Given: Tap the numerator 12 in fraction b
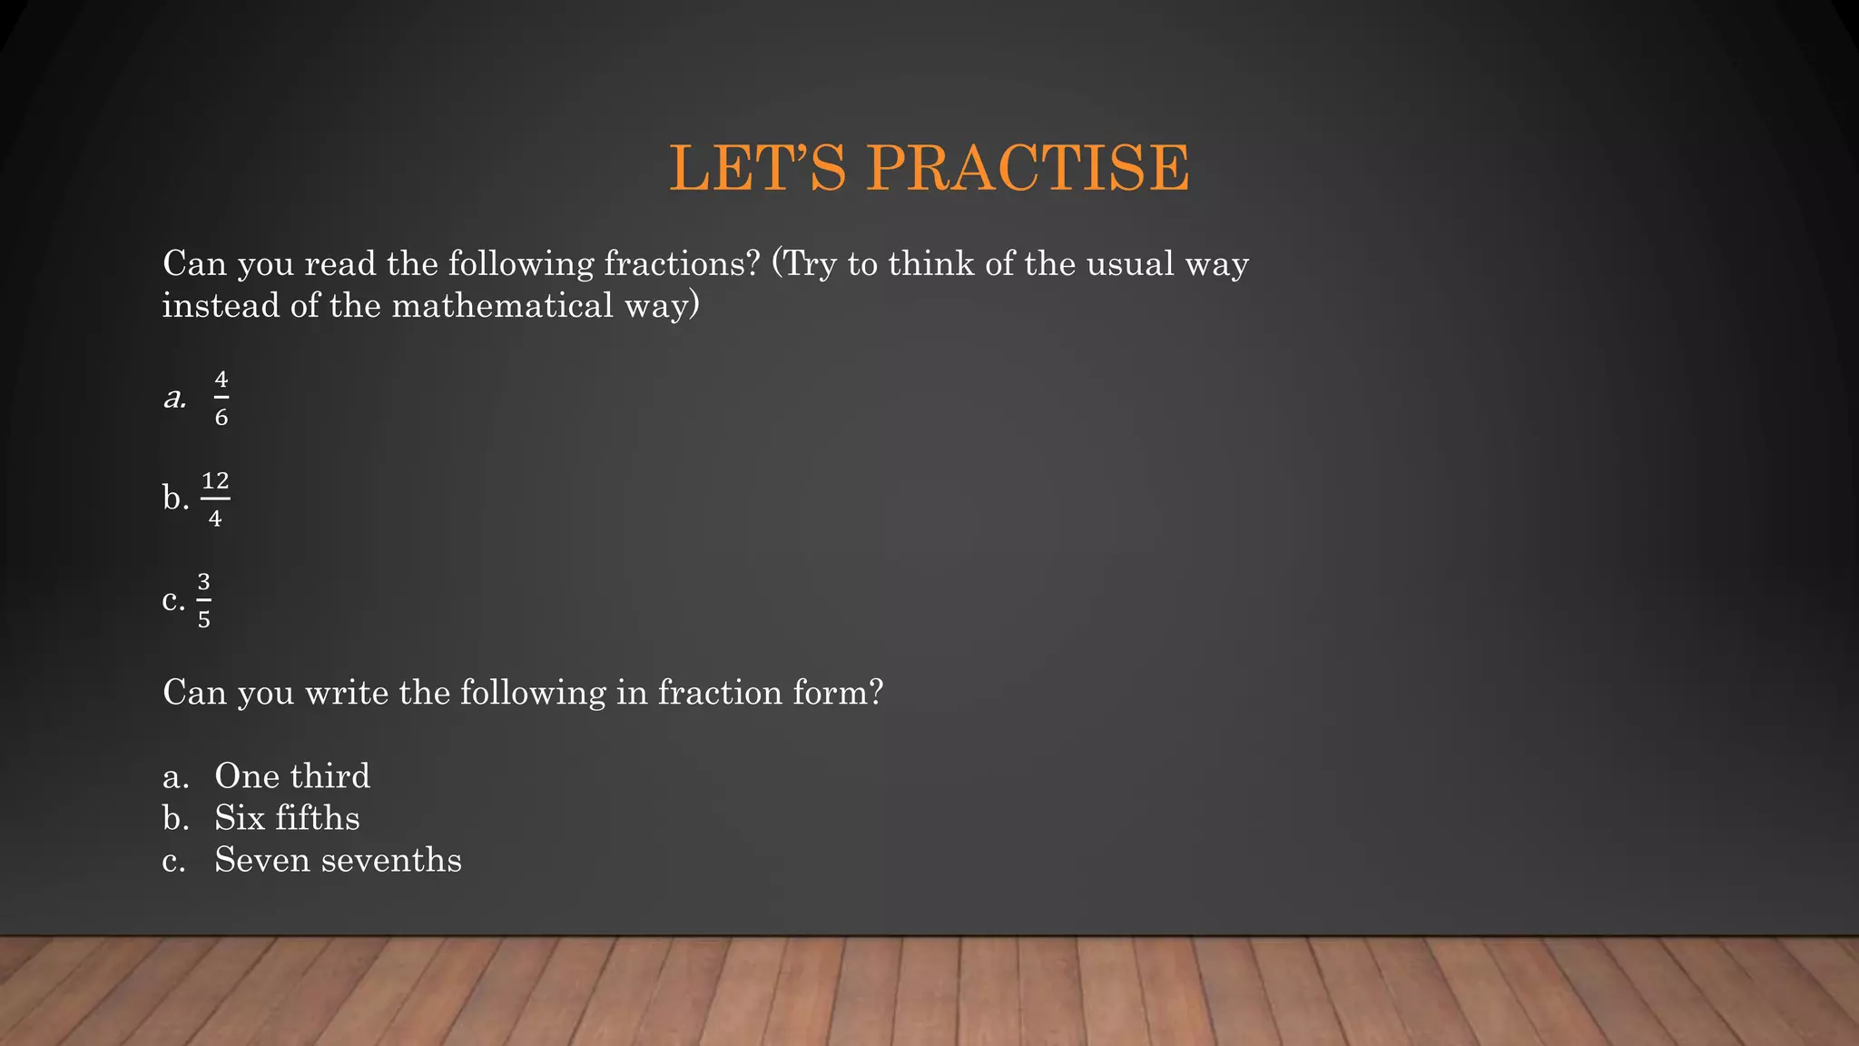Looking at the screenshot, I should (215, 480).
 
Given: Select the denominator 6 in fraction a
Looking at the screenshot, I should (221, 418).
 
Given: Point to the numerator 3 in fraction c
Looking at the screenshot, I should (204, 581).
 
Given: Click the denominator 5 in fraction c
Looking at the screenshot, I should (204, 620).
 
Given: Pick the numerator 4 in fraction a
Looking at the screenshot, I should (221, 380).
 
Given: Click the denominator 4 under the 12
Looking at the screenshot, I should (215, 519).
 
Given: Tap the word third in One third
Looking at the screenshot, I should (330, 776).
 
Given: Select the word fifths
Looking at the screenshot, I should (318, 818).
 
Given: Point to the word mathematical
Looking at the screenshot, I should (503, 306).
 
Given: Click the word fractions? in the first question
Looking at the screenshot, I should (681, 264).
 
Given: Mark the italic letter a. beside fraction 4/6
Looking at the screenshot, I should (175, 398).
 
